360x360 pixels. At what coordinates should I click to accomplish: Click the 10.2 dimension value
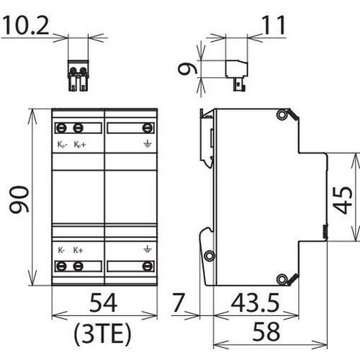coord(26,24)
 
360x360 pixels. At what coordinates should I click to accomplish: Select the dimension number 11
coord(274,25)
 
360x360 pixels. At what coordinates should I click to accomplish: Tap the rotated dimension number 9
coord(188,68)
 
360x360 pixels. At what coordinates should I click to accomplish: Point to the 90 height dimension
coord(19,199)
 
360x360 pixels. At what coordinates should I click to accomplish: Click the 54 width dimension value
coord(104,302)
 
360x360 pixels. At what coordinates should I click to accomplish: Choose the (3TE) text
coord(103,334)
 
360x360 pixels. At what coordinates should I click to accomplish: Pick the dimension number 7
coord(179,302)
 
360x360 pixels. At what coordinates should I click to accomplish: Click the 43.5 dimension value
coord(256,302)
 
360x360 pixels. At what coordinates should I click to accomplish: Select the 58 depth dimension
coord(266,332)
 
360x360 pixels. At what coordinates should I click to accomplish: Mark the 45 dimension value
coord(343,200)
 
